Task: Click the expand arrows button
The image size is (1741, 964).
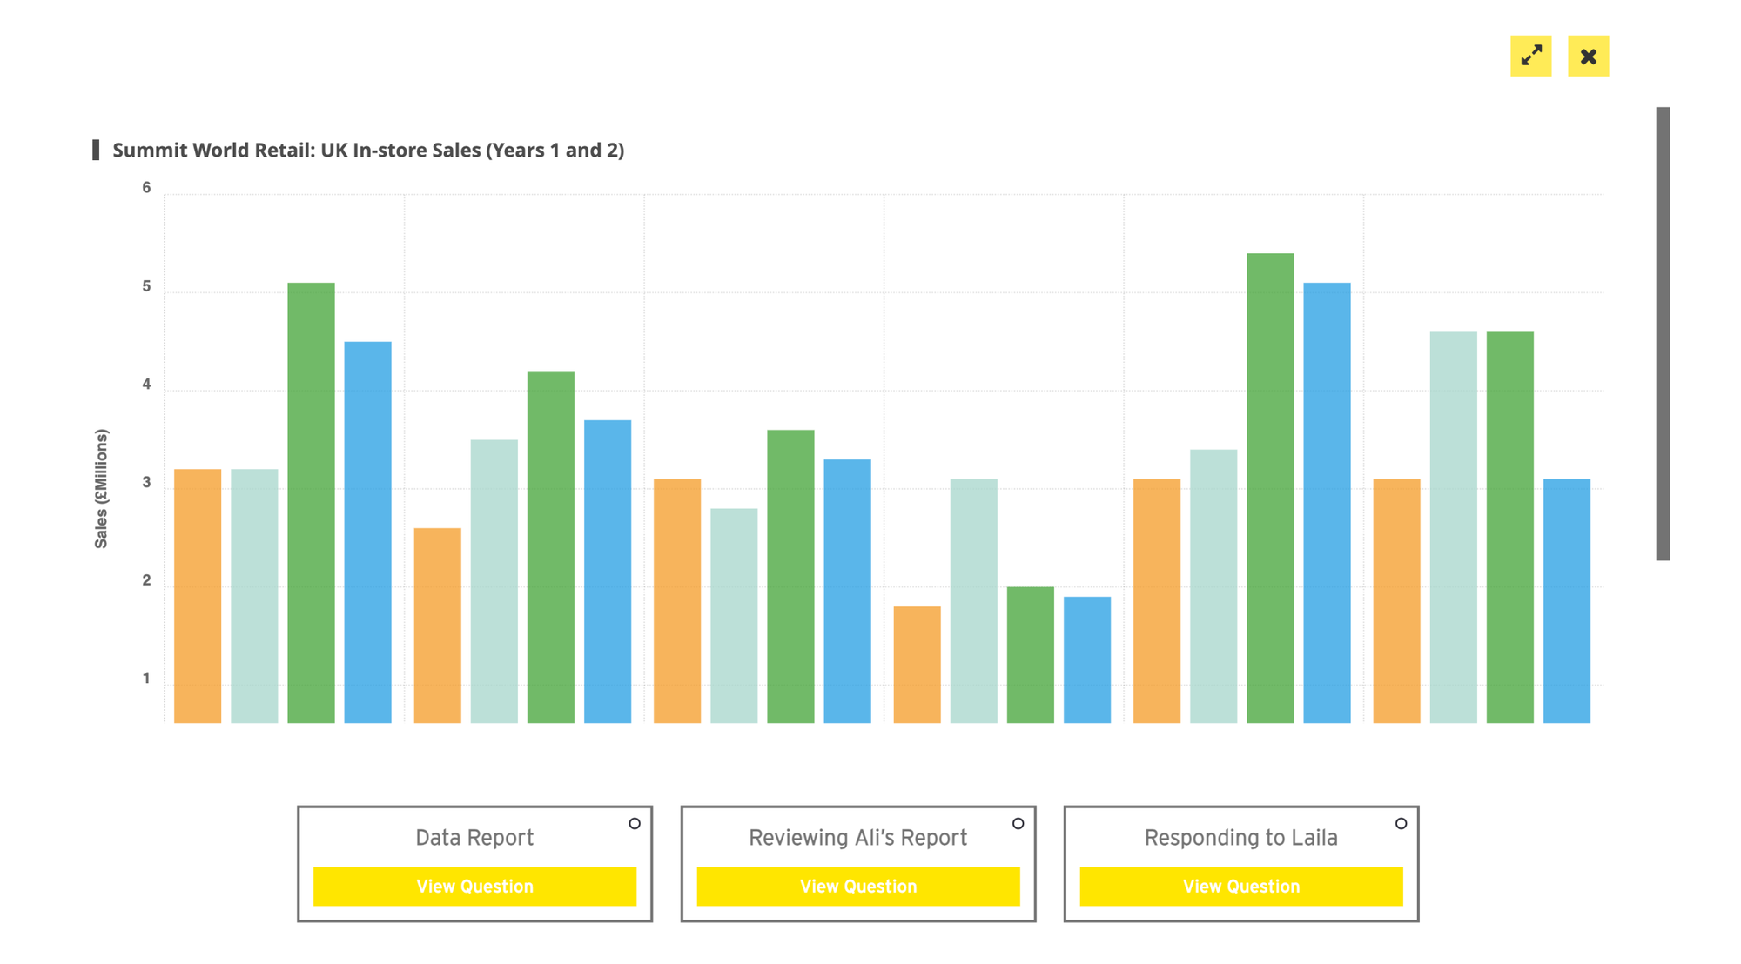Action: coord(1530,56)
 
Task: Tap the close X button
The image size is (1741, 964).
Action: coord(1589,56)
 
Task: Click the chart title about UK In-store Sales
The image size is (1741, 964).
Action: coord(368,150)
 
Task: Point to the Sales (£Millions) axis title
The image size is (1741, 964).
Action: coord(102,488)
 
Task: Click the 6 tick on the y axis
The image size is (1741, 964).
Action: coord(146,188)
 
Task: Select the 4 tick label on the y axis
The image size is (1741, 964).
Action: coord(146,385)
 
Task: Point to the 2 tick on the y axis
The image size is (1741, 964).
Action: coord(146,580)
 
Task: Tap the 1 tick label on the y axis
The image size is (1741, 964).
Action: coord(146,679)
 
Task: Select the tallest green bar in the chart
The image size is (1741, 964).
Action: coord(1270,488)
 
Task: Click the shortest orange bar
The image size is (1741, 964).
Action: coord(917,665)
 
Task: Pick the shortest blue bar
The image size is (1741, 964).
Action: coord(1087,659)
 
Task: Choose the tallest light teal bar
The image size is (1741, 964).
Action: coord(1454,527)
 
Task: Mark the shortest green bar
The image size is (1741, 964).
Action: coord(1031,655)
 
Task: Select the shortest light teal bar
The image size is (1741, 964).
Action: coord(734,616)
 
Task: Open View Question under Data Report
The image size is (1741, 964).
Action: coord(474,886)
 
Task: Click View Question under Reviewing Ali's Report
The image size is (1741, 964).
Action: coord(858,886)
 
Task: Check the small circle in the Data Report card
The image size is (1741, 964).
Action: coord(635,823)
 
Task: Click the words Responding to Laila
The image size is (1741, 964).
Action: coord(1240,837)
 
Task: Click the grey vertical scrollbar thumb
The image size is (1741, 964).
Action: coord(1663,333)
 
